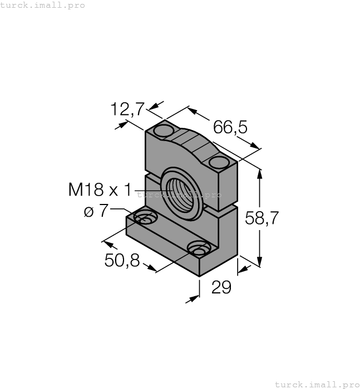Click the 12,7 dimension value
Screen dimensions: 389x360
tap(128, 109)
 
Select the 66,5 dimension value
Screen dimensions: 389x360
tap(230, 127)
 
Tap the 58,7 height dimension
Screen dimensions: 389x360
tap(262, 218)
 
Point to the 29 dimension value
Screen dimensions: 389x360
tap(221, 287)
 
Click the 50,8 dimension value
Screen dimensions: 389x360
tap(121, 260)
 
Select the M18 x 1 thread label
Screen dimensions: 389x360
tap(100, 190)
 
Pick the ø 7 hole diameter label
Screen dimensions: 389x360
tap(96, 211)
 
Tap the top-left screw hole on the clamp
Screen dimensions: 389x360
tap(164, 131)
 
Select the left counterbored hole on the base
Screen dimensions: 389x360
tap(144, 218)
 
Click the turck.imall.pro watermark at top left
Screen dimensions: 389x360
tap(43, 5)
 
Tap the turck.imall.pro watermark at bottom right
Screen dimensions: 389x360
tap(317, 384)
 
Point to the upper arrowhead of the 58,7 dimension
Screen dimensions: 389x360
tap(260, 173)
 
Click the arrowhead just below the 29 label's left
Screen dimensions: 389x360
tap(194, 298)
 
